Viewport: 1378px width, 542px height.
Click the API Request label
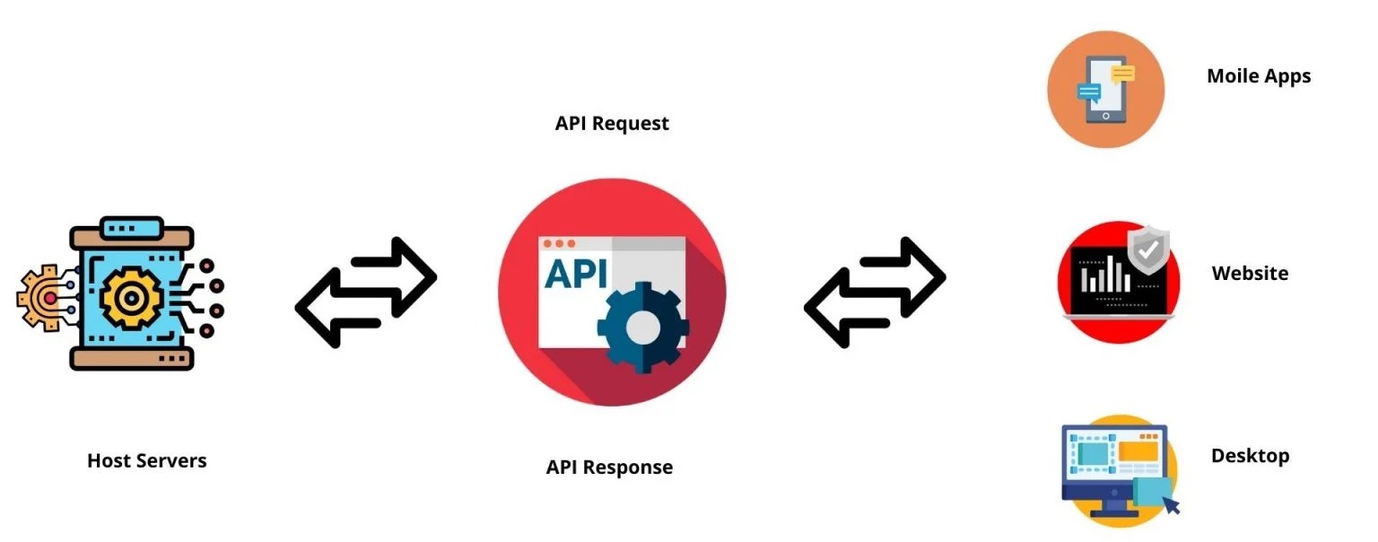click(612, 123)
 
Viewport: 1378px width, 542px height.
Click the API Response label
click(609, 467)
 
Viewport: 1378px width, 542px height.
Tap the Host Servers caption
click(146, 460)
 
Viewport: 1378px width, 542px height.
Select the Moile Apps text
click(1258, 75)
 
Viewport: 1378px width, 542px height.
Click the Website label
click(1249, 273)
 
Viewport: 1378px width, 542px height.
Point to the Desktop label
click(1250, 455)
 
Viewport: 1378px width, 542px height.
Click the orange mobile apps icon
click(1105, 89)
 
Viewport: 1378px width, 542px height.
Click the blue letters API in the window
click(575, 273)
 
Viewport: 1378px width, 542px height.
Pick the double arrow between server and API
click(366, 292)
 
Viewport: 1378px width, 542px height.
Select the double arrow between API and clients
click(874, 292)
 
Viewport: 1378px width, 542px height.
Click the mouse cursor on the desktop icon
click(1170, 505)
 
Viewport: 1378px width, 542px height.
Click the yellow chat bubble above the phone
click(1121, 74)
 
